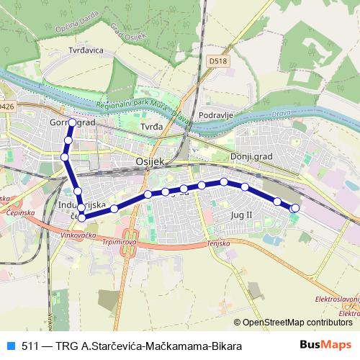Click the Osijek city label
150,162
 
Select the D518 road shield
220,61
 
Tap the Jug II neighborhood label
242,215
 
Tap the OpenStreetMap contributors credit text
297,323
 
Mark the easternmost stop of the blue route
294,208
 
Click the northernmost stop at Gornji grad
72,123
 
